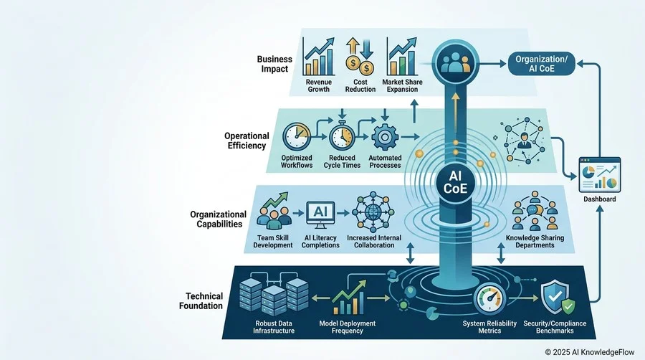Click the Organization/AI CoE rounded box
pyautogui.click(x=541, y=64)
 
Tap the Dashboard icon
pyautogui.click(x=599, y=175)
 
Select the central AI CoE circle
pyautogui.click(x=455, y=183)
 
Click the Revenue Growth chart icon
pyautogui.click(x=318, y=57)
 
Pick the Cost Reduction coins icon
pyautogui.click(x=360, y=57)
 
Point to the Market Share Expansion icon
pyautogui.click(x=402, y=57)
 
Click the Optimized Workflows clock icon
pyautogui.click(x=297, y=136)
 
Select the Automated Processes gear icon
pyautogui.click(x=385, y=137)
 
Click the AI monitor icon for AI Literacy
pyautogui.click(x=320, y=215)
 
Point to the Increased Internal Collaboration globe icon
pyautogui.click(x=373, y=212)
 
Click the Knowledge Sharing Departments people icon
pyautogui.click(x=535, y=211)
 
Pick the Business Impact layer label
pyautogui.click(x=274, y=64)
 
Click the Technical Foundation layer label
pyautogui.click(x=201, y=301)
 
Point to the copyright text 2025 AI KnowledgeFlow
pyautogui.click(x=590, y=352)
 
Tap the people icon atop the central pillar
pyautogui.click(x=455, y=64)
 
